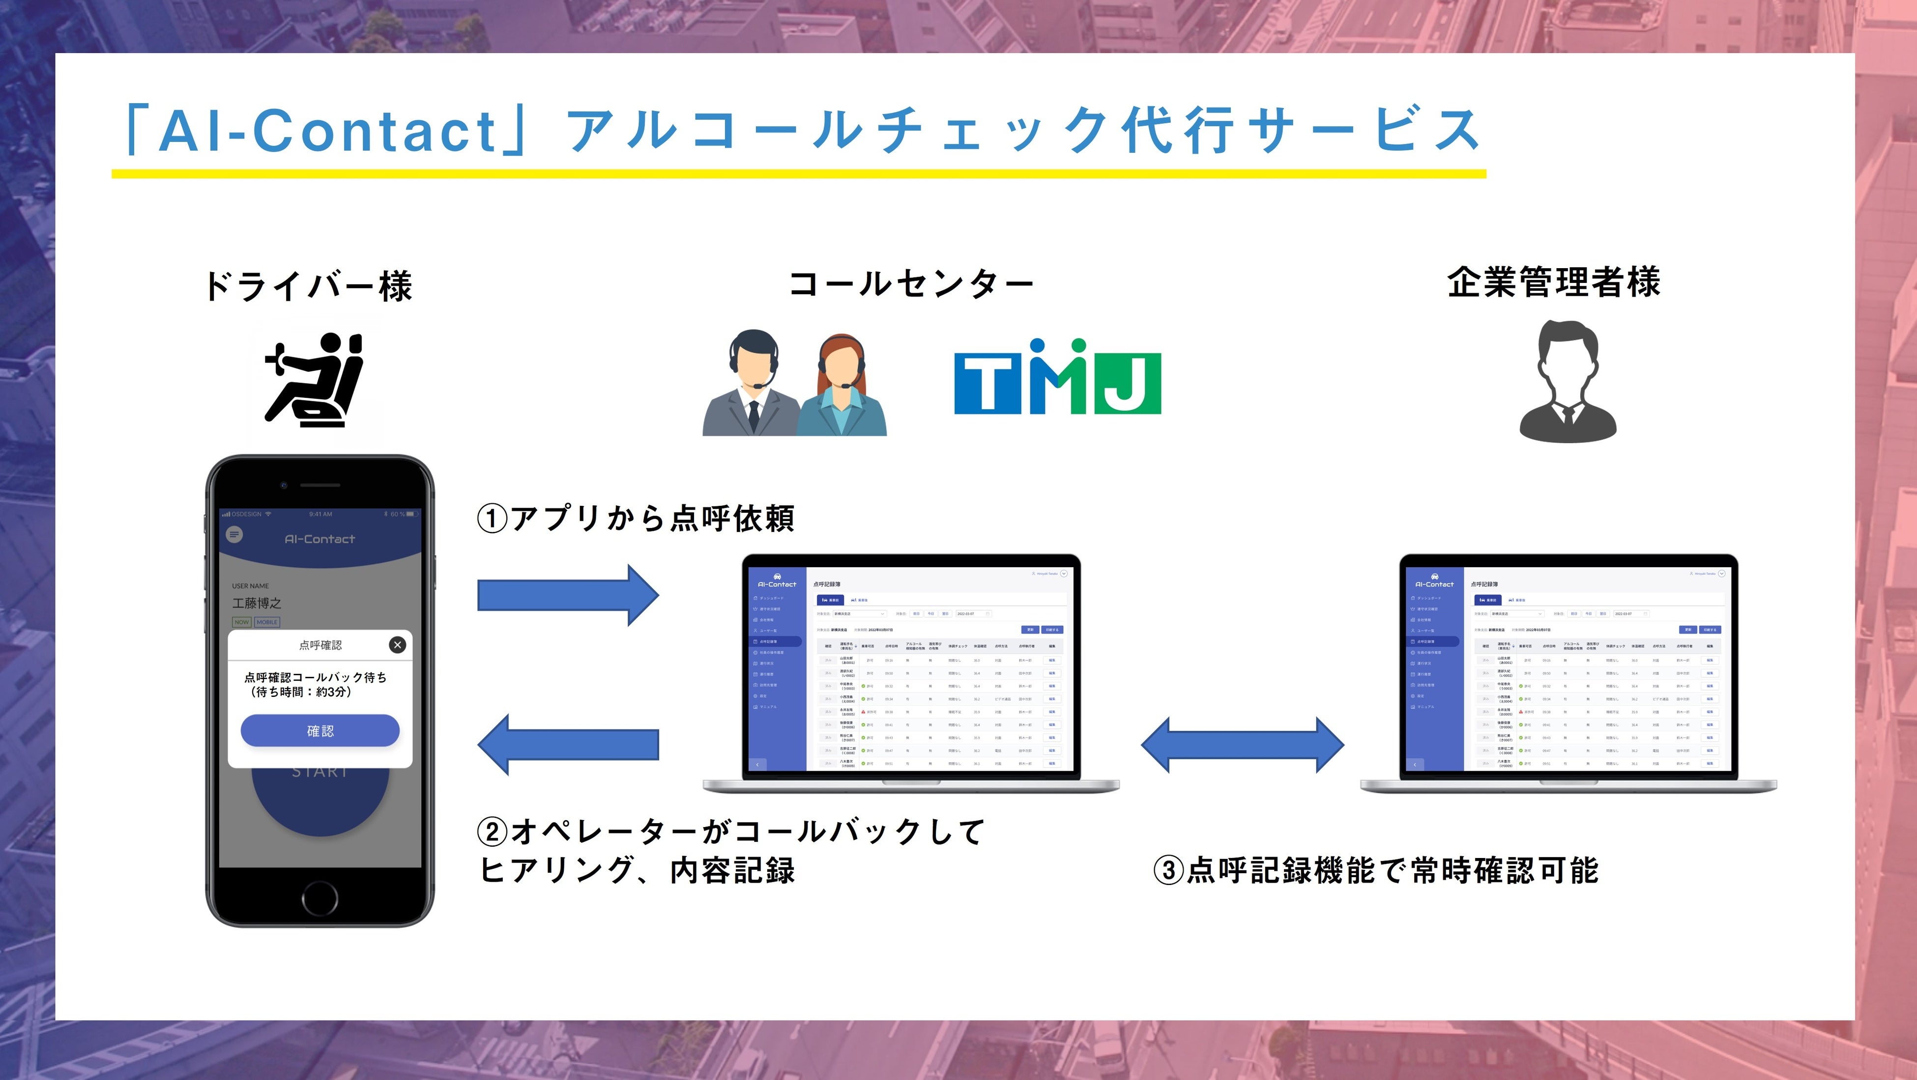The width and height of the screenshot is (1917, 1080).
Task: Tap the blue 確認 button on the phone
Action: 320,730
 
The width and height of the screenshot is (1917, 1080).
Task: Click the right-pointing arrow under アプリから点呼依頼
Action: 568,595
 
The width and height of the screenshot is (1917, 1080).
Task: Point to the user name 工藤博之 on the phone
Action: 257,603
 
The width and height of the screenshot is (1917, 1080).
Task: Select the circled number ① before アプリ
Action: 491,519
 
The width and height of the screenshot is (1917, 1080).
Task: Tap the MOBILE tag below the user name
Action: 267,622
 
